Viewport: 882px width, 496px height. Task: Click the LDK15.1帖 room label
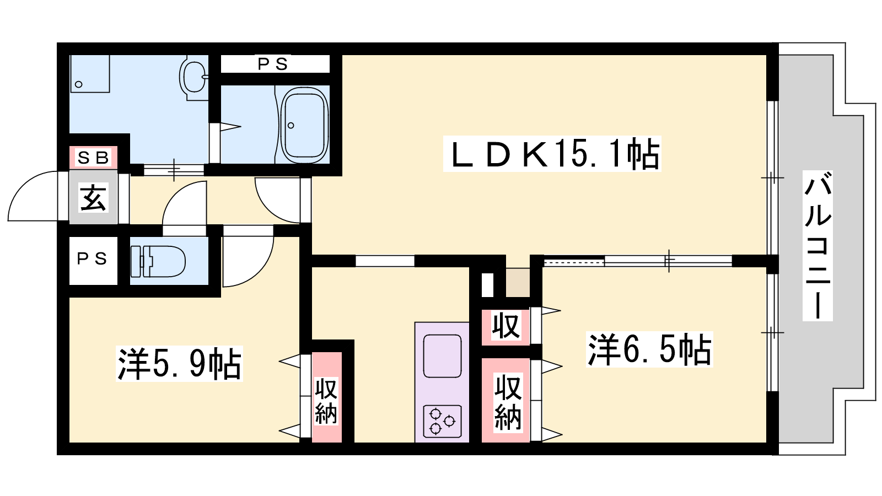coord(552,154)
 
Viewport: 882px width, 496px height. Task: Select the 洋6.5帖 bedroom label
coord(649,349)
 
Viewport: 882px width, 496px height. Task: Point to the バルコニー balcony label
coord(818,246)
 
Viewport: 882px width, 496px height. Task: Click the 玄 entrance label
coord(93,197)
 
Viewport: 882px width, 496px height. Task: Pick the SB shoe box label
coord(93,158)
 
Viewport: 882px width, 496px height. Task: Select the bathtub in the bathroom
coord(304,125)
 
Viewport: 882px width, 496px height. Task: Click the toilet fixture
coord(158,261)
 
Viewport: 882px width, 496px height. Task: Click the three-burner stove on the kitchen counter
coord(442,421)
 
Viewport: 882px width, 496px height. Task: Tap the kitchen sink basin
coord(442,356)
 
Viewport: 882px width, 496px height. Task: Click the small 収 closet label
coord(506,325)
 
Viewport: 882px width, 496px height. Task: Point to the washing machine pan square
coord(90,74)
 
